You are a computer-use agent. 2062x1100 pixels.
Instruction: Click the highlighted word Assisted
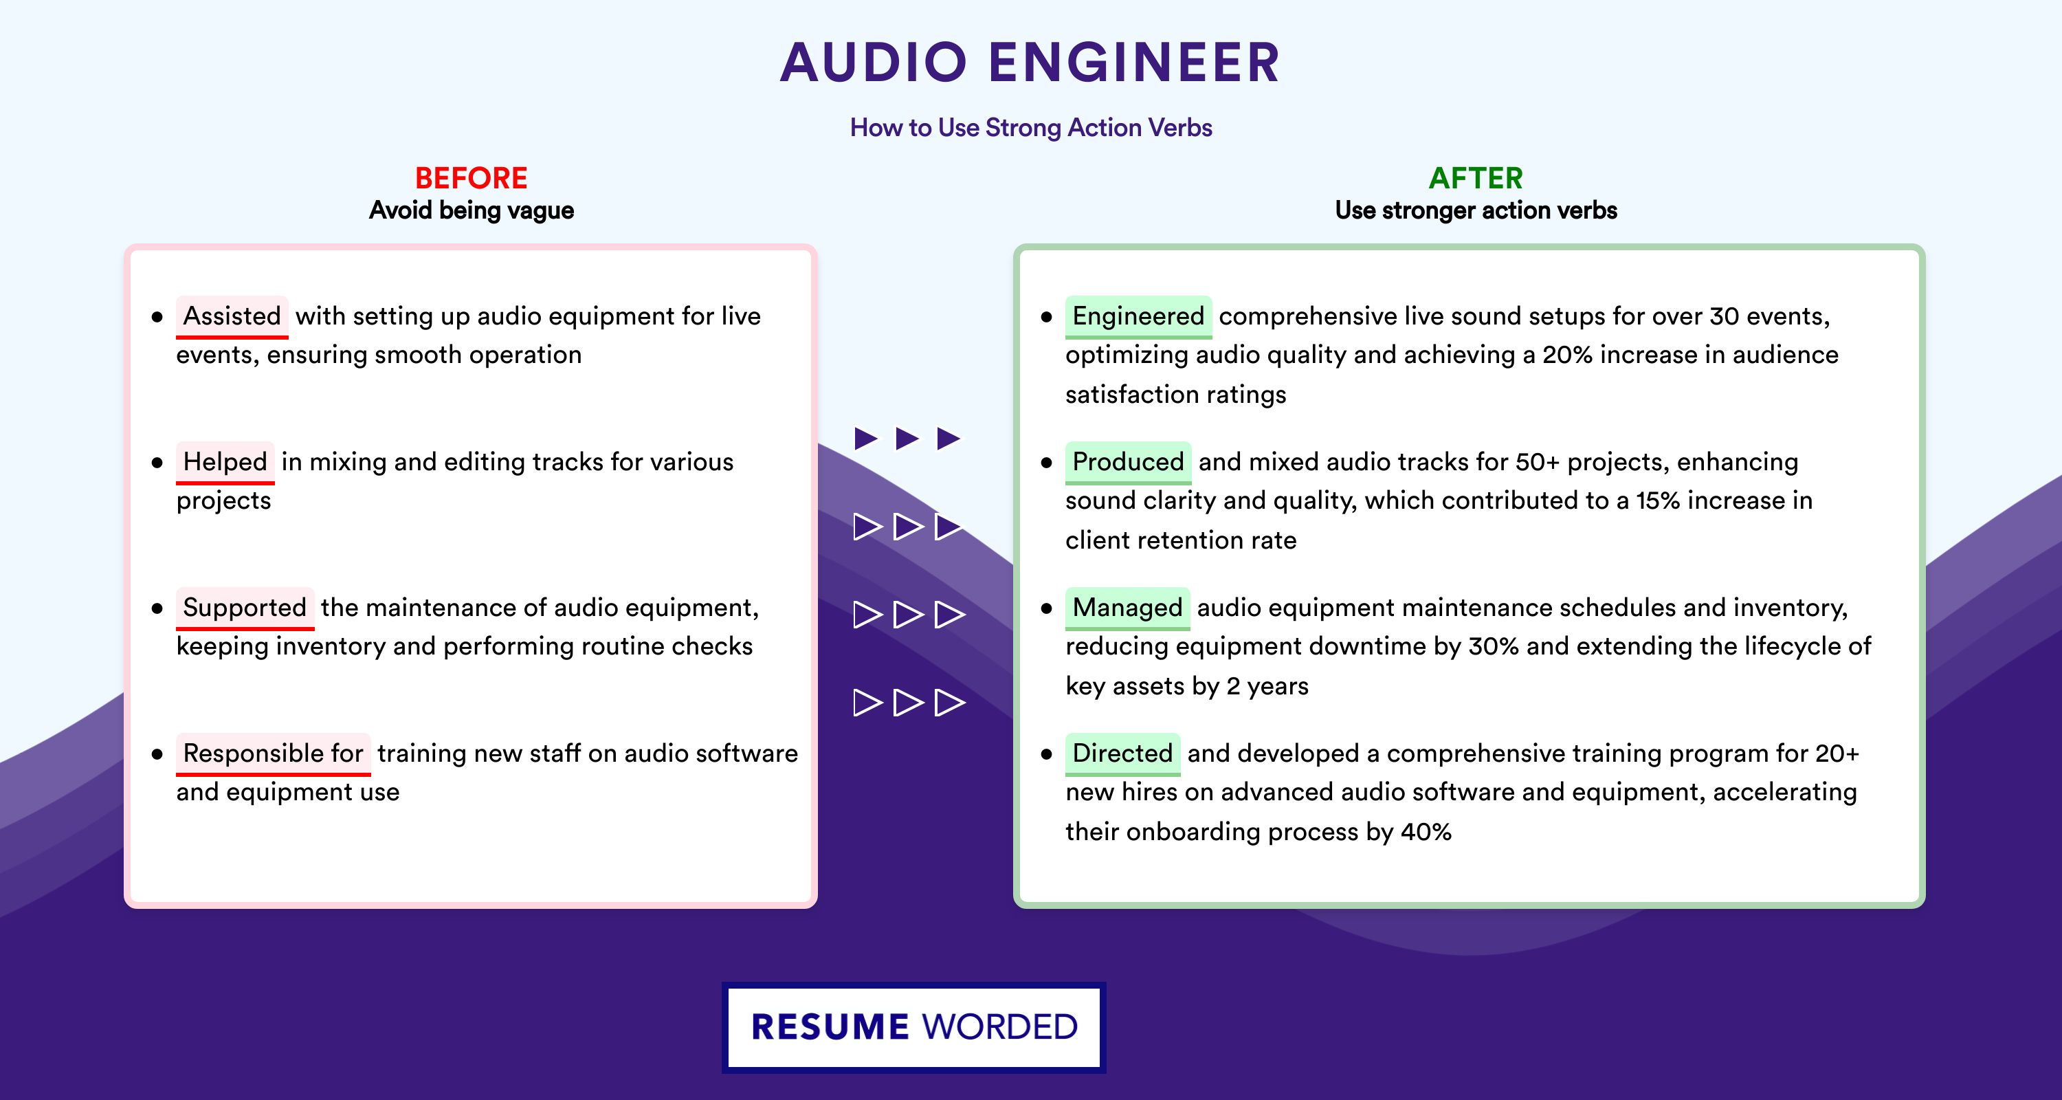pyautogui.click(x=232, y=316)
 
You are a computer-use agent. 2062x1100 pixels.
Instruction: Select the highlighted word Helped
pyautogui.click(x=225, y=462)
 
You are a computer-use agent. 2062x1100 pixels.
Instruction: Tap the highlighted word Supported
pyautogui.click(x=245, y=608)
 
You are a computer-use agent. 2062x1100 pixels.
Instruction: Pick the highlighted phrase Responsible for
pyautogui.click(x=273, y=753)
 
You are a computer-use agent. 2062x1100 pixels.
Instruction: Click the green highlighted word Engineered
pyautogui.click(x=1138, y=316)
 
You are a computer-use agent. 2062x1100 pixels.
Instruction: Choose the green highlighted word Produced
pyautogui.click(x=1128, y=462)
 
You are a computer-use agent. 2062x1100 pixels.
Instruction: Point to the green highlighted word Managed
pyautogui.click(x=1127, y=608)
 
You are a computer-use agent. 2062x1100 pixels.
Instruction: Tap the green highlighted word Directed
pyautogui.click(x=1122, y=753)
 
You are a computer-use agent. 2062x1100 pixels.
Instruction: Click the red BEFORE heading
pyautogui.click(x=472, y=178)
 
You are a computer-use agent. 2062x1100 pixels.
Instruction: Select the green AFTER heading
pyautogui.click(x=1476, y=178)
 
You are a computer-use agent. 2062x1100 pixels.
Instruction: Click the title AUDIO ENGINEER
pyautogui.click(x=1031, y=63)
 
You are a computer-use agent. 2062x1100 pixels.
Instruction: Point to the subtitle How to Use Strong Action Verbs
pyautogui.click(x=1031, y=127)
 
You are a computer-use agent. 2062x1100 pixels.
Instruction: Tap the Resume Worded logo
pyautogui.click(x=914, y=1027)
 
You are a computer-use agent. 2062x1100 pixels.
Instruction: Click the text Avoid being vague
pyautogui.click(x=472, y=210)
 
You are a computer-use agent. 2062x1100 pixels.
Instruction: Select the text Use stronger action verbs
pyautogui.click(x=1476, y=210)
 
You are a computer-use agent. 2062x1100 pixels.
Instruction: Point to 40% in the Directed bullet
pyautogui.click(x=1426, y=832)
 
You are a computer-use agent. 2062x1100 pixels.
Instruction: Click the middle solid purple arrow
pyautogui.click(x=907, y=438)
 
